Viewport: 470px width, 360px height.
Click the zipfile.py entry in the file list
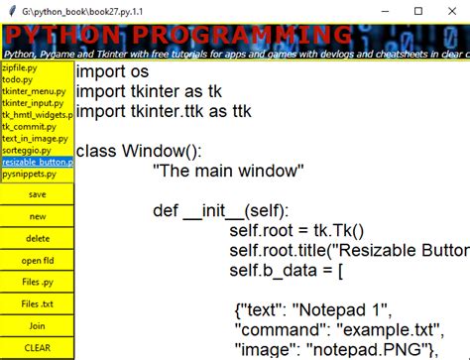click(21, 67)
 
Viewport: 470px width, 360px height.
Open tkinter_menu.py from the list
click(30, 91)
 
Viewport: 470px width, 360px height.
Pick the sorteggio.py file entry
click(26, 150)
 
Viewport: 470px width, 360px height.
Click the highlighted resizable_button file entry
click(37, 162)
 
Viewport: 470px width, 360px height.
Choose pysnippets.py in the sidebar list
click(29, 174)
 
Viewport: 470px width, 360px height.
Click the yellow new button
click(37, 216)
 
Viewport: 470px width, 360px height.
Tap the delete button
click(37, 238)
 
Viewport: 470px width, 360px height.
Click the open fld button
click(37, 260)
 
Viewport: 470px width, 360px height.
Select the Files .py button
click(37, 282)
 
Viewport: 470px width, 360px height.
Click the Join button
click(37, 325)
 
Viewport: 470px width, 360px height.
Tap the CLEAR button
click(37, 347)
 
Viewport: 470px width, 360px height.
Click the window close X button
click(451, 11)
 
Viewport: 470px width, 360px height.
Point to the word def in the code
click(166, 210)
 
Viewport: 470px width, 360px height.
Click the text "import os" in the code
click(114, 72)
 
